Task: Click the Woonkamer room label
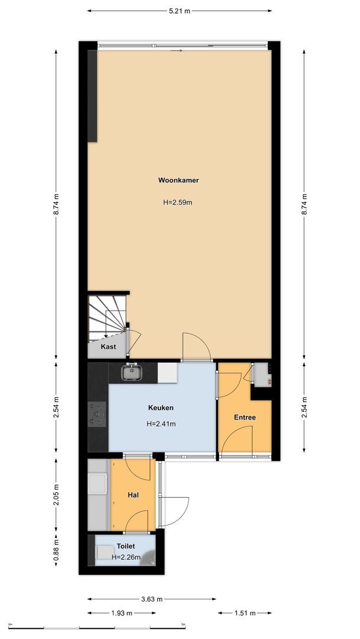coord(178,180)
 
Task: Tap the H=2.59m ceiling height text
coord(178,202)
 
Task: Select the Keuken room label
coord(161,408)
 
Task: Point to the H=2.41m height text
coord(161,424)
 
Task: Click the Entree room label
coord(245,418)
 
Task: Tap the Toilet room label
coord(126,547)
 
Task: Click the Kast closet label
coord(108,347)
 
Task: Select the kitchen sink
coord(131,373)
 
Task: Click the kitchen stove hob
coord(97,414)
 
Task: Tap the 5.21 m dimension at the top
coord(179,11)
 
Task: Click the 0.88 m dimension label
coord(56,549)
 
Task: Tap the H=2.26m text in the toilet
coord(127,557)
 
